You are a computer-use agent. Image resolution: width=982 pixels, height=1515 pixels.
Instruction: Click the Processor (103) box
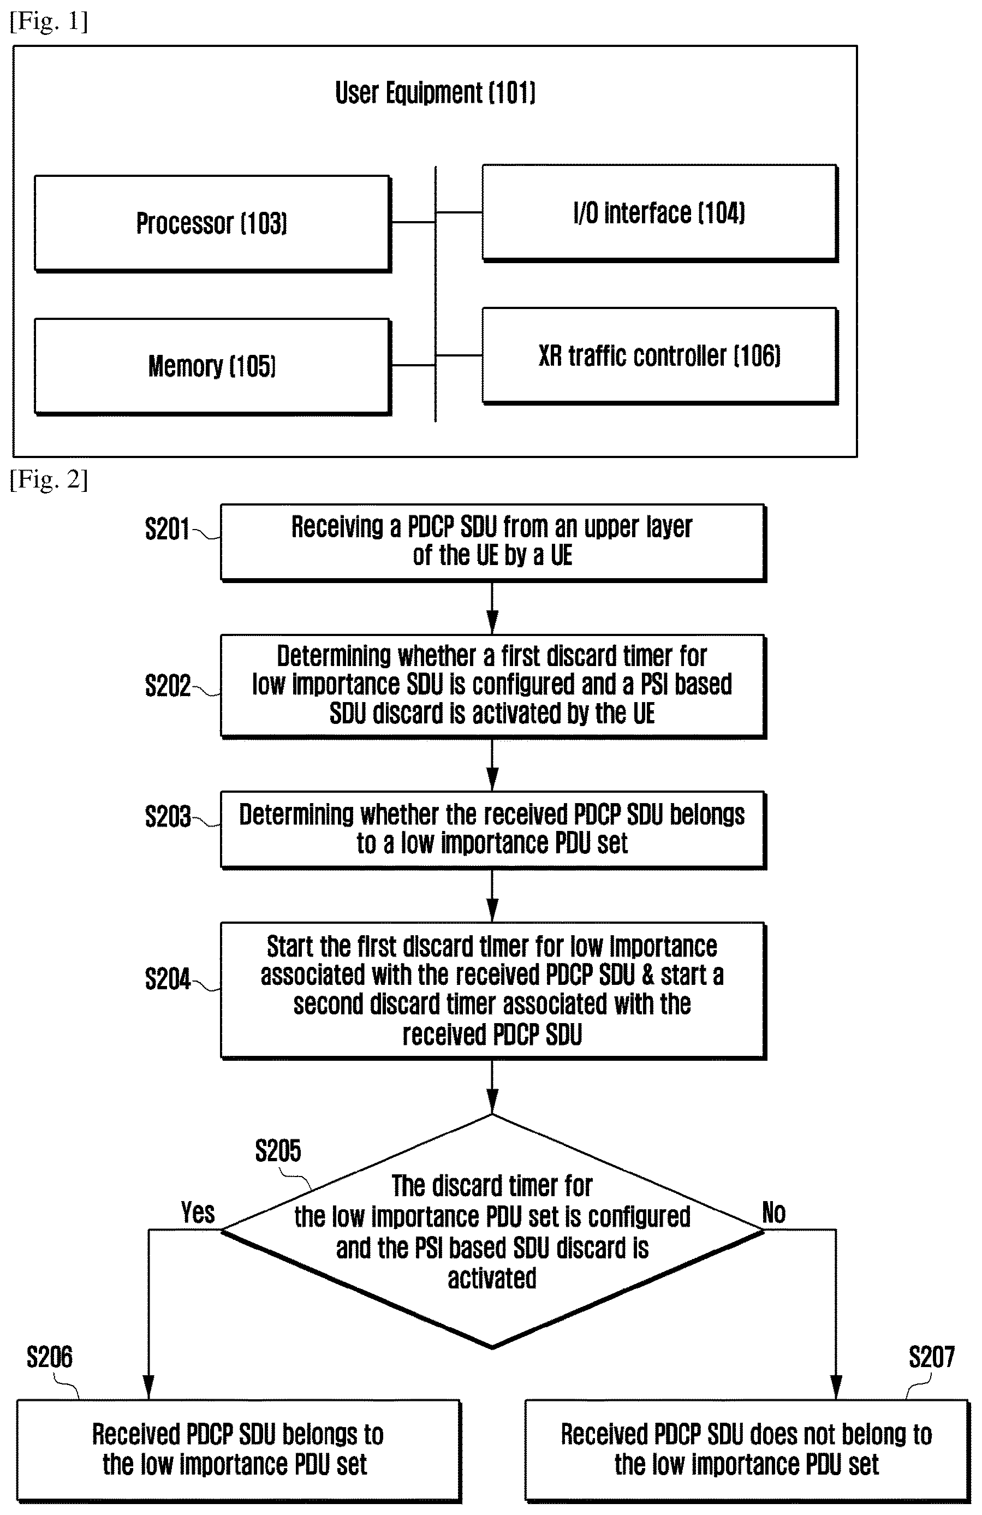pyautogui.click(x=212, y=223)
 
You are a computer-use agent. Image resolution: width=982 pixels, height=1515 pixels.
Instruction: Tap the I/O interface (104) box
pyautogui.click(x=660, y=212)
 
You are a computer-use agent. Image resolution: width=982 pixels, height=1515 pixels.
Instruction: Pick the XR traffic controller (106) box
pyautogui.click(x=660, y=356)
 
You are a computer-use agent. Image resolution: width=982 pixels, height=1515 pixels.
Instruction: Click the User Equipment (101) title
pyautogui.click(x=435, y=93)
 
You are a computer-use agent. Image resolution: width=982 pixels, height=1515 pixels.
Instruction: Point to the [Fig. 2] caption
pyautogui.click(x=49, y=479)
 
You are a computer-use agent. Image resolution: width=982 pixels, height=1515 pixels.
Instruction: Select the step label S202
pyautogui.click(x=168, y=686)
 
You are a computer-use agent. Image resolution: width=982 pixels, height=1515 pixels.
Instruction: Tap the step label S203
pyautogui.click(x=168, y=817)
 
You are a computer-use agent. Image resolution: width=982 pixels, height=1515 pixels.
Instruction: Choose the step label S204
pyautogui.click(x=168, y=979)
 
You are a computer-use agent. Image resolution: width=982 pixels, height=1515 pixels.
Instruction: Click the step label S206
pyautogui.click(x=50, y=1358)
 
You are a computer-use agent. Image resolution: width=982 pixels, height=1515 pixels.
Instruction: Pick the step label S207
pyautogui.click(x=932, y=1358)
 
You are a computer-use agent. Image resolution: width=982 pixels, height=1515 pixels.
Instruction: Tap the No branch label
pyautogui.click(x=774, y=1213)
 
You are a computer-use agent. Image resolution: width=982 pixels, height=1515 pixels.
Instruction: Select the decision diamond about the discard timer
pyautogui.click(x=492, y=1231)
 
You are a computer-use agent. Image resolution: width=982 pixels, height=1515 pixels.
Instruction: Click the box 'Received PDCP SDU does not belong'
pyautogui.click(x=747, y=1449)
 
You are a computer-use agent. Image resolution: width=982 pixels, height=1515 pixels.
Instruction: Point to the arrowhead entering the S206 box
pyautogui.click(x=148, y=1388)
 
